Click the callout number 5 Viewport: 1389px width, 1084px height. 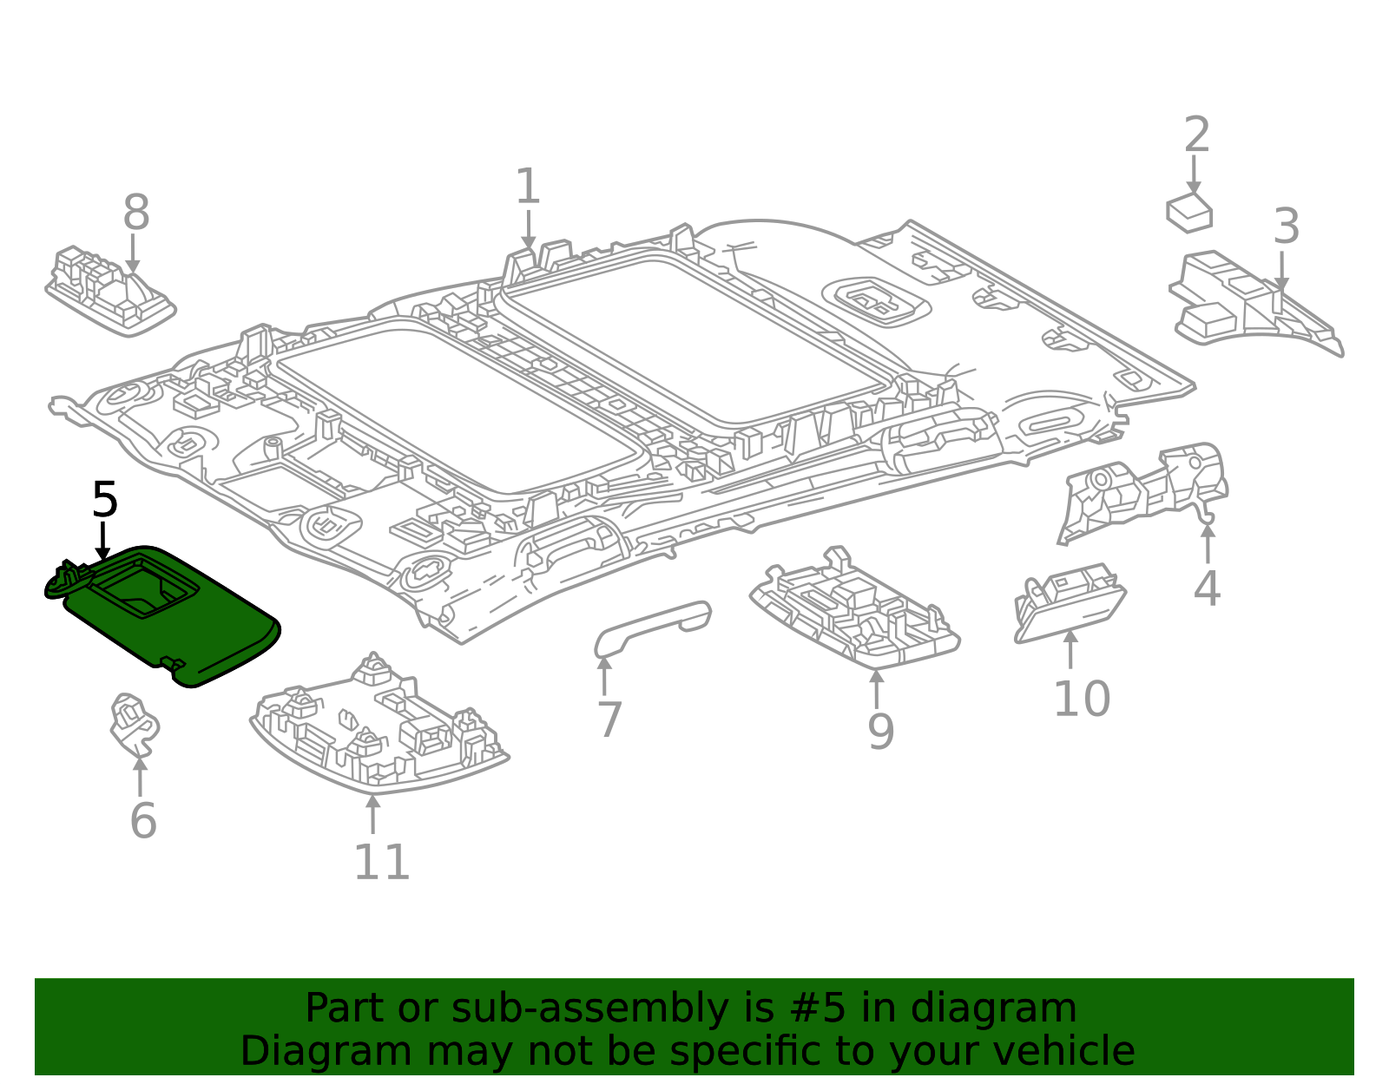pos(105,499)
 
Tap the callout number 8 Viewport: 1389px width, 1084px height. pos(136,212)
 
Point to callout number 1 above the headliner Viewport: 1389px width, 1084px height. pos(528,186)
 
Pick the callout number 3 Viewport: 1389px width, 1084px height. pos(1286,227)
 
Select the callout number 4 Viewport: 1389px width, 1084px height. pos(1207,588)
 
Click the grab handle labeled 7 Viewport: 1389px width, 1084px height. pos(653,628)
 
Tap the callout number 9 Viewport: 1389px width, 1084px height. pos(881,732)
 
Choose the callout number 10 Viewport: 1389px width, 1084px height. pos(1082,699)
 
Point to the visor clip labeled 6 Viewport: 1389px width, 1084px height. pos(135,725)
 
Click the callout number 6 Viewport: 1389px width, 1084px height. pos(143,820)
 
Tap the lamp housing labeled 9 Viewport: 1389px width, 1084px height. pos(854,611)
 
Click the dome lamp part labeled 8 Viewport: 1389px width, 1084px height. pos(110,291)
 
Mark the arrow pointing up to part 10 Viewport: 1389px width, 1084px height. pos(1070,648)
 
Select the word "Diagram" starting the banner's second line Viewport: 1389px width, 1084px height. pos(326,1051)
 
